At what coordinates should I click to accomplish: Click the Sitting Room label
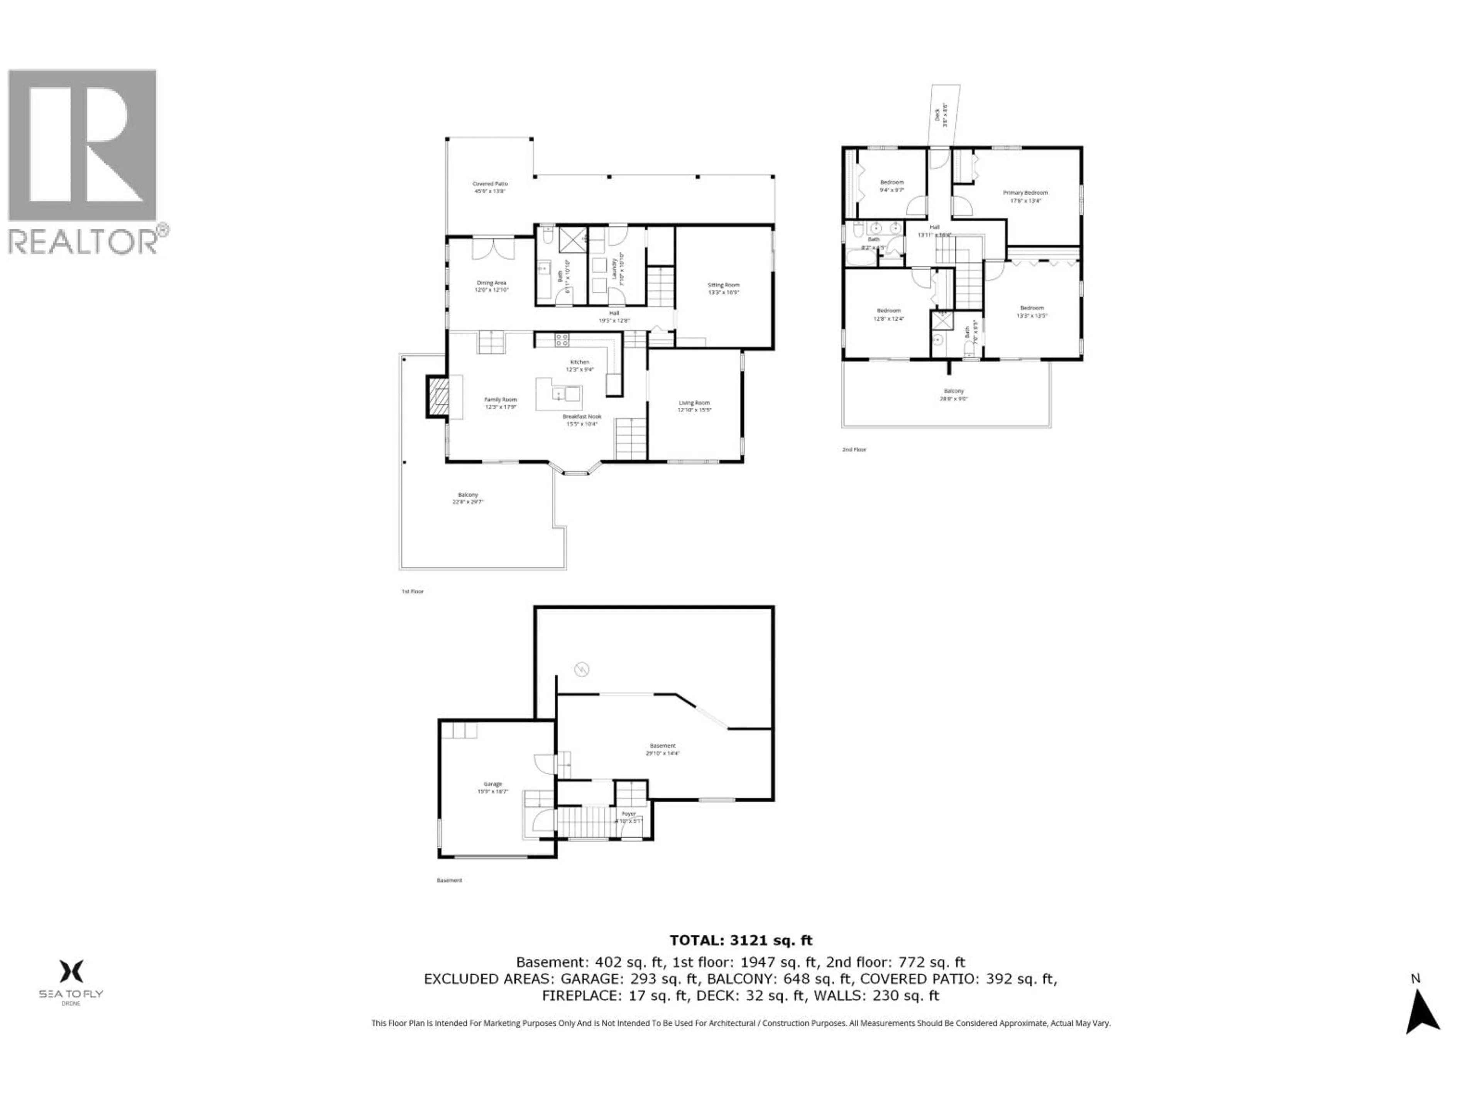point(724,285)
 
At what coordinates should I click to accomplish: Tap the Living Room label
point(694,403)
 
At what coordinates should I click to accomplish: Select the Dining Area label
point(491,283)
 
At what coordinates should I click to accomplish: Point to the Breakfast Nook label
point(582,416)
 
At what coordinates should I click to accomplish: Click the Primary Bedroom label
point(1025,192)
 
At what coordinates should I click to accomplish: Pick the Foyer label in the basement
point(628,814)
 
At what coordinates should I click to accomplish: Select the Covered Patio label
point(490,184)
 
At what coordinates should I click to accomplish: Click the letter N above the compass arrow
point(1416,979)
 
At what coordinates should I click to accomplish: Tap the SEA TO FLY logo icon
point(71,971)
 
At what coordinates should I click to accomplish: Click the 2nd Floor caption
point(854,450)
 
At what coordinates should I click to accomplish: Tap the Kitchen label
point(580,362)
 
